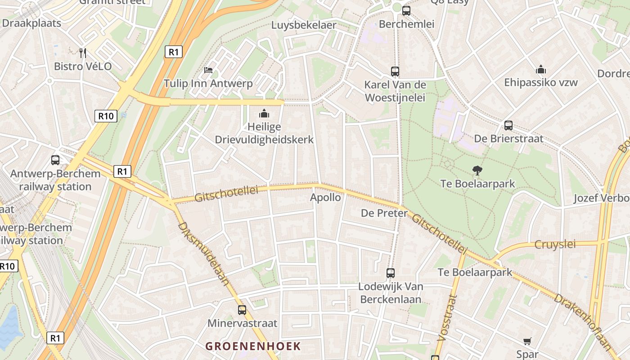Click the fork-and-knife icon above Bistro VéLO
(x=82, y=53)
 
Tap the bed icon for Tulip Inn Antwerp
(x=208, y=70)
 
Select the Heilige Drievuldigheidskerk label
(x=264, y=134)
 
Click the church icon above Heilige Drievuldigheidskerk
(x=264, y=113)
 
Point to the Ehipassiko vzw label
(x=541, y=82)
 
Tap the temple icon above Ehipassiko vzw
(x=541, y=69)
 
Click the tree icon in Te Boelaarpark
(x=477, y=170)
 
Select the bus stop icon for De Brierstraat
(x=508, y=126)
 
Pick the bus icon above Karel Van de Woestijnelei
(x=395, y=71)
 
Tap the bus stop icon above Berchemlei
(x=406, y=10)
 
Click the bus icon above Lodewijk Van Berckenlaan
(x=391, y=273)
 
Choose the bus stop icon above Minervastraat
(x=242, y=310)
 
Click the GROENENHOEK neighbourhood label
(x=253, y=346)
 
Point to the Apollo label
(x=325, y=197)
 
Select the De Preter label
(x=384, y=213)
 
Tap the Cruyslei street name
(x=555, y=244)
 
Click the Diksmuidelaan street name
(x=204, y=253)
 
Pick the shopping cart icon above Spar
(x=527, y=342)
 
